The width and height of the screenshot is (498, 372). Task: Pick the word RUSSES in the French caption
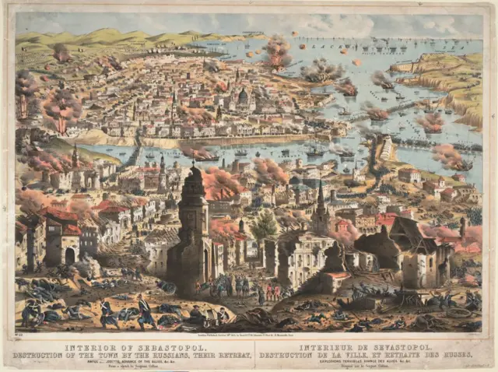(x=463, y=356)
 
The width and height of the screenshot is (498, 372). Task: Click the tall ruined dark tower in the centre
(x=191, y=226)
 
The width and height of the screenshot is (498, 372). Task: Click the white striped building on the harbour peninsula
(x=387, y=148)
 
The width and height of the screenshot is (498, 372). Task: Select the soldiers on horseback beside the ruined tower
(x=226, y=286)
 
